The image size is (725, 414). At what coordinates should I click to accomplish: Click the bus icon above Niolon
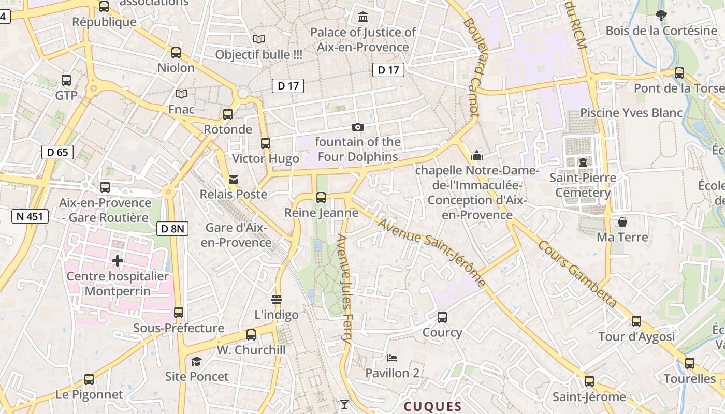(x=176, y=53)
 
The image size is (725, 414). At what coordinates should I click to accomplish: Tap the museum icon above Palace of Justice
(x=363, y=17)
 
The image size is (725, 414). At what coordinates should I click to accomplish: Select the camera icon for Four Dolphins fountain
(x=357, y=127)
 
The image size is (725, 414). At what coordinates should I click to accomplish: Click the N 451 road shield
(x=30, y=216)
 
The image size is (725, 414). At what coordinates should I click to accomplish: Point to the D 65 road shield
(x=57, y=152)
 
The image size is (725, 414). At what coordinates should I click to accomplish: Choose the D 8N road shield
(x=172, y=228)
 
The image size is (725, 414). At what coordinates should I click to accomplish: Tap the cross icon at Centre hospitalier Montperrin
(x=118, y=261)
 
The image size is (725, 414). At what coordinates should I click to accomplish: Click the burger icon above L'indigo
(x=277, y=300)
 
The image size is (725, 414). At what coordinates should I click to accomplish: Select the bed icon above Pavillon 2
(x=392, y=358)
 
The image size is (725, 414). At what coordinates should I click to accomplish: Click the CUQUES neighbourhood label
(x=432, y=406)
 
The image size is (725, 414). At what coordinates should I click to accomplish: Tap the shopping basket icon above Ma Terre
(x=622, y=222)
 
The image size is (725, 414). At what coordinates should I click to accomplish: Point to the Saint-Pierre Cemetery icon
(x=583, y=162)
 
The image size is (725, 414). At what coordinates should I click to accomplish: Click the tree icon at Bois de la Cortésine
(x=661, y=16)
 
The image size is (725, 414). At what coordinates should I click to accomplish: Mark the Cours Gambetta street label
(x=577, y=273)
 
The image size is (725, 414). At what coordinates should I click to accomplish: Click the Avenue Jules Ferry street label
(x=345, y=290)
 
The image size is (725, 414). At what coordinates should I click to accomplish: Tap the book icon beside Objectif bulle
(x=258, y=39)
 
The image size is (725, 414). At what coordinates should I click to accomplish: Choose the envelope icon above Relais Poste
(x=234, y=180)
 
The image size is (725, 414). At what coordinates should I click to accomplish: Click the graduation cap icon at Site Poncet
(x=196, y=361)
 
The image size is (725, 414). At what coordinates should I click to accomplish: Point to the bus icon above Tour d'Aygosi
(x=636, y=321)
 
